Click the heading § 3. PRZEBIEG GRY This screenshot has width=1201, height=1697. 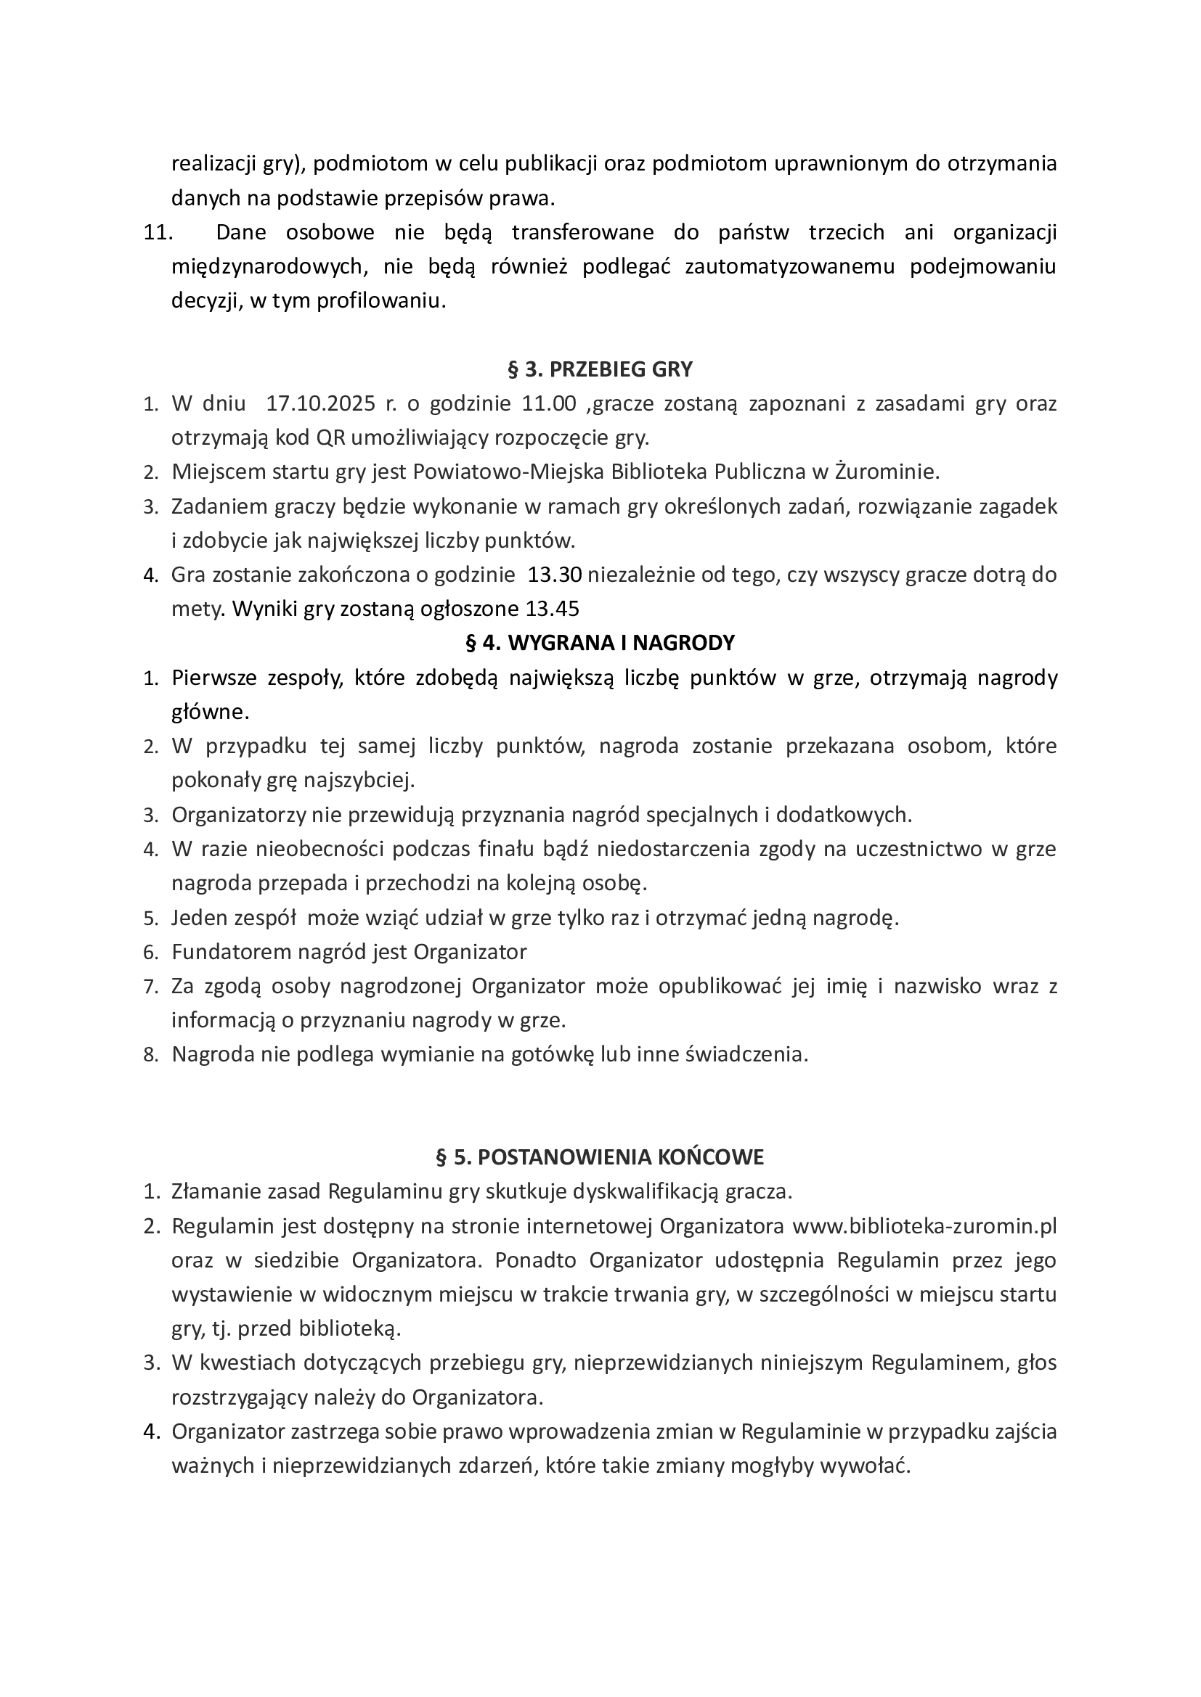(600, 369)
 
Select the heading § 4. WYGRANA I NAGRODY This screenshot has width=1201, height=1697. (600, 643)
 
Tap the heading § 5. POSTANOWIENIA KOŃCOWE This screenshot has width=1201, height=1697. (600, 1157)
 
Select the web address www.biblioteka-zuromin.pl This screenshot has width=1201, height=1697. (924, 1226)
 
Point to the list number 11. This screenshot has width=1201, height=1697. (157, 232)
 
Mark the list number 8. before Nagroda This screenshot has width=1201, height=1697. (151, 1056)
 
